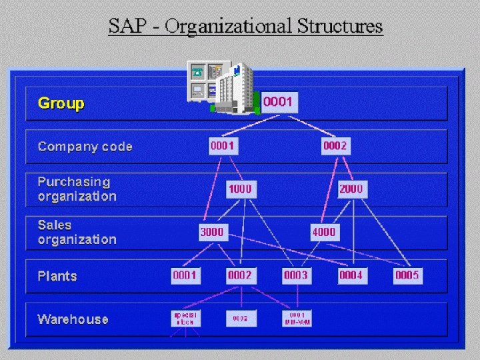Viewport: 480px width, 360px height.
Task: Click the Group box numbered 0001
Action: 278,103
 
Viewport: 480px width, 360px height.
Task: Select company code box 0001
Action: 223,146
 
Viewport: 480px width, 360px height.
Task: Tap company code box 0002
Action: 335,146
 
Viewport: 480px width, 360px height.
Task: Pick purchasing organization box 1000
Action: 240,189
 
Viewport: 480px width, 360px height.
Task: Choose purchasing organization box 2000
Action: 351,189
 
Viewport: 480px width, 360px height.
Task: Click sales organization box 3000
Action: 212,232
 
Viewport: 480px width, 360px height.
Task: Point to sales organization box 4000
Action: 324,232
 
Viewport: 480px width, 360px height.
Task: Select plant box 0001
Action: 185,275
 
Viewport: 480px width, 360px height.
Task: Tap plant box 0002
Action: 240,275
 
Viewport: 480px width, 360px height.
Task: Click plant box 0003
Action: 296,275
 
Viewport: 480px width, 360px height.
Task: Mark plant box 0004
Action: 351,275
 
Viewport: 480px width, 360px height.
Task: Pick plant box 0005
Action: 407,275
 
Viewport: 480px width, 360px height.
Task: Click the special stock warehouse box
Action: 185,318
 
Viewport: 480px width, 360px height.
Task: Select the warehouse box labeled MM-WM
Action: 297,318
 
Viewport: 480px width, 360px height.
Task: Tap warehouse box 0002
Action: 240,319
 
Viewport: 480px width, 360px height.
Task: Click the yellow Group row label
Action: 61,103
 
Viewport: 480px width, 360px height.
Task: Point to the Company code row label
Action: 85,147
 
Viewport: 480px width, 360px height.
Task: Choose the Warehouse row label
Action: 73,319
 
